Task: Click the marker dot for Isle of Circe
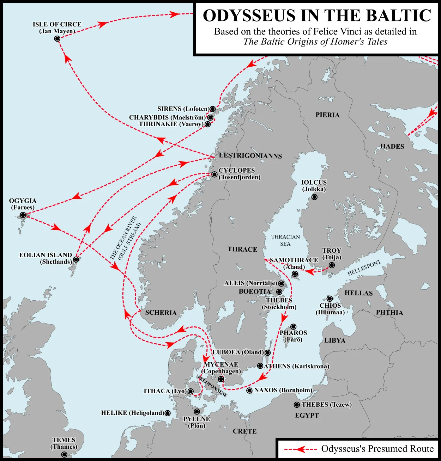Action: [57, 38]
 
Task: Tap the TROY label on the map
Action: [332, 251]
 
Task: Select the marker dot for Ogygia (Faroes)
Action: [23, 215]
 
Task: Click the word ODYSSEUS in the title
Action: [249, 16]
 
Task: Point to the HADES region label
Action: [392, 147]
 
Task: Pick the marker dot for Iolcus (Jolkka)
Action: [314, 197]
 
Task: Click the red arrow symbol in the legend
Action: [301, 449]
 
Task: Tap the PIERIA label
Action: [327, 115]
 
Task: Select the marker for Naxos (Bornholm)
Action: [249, 391]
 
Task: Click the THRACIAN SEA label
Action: [285, 240]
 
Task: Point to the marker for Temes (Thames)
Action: [64, 455]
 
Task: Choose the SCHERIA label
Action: [161, 313]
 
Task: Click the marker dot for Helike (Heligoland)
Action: [168, 413]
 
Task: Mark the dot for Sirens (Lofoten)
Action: [213, 109]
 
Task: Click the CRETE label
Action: [244, 431]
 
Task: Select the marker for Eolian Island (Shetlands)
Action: [76, 259]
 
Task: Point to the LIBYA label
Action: [335, 340]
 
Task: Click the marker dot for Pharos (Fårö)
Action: [293, 327]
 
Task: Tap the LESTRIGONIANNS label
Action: [250, 156]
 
